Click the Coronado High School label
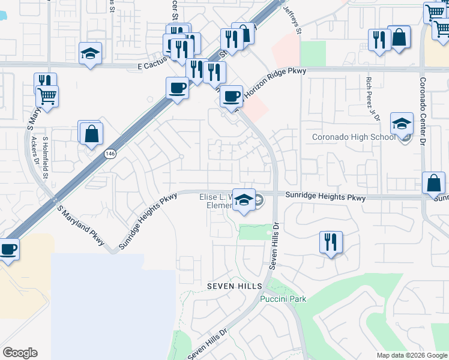click(354, 137)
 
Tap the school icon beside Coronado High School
click(402, 124)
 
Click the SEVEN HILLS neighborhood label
click(235, 286)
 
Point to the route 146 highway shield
click(109, 154)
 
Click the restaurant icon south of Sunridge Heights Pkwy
click(331, 242)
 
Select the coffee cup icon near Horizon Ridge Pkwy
click(231, 96)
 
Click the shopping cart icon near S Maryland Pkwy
click(47, 95)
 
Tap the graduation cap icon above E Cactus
click(90, 53)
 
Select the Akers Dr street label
click(37, 158)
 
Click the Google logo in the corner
click(20, 353)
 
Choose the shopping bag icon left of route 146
click(91, 134)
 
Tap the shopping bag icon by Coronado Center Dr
click(433, 183)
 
